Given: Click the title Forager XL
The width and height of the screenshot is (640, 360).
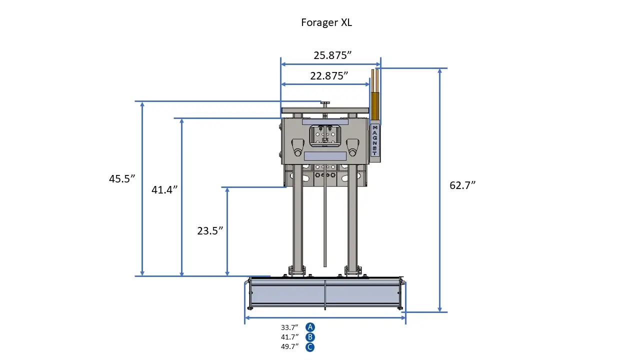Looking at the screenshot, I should [326, 23].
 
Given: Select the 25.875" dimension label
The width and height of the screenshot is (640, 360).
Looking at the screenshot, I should [332, 55].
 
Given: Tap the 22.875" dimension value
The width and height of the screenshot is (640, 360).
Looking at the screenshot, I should [328, 76].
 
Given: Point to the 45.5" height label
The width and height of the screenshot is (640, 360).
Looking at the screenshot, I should [122, 179].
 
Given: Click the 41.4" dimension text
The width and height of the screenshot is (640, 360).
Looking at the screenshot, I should [164, 189].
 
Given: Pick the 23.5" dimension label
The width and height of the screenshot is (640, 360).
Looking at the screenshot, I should [209, 230].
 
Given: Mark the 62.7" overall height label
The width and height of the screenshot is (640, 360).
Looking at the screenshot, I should [462, 185].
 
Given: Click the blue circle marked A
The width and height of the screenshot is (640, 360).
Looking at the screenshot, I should [310, 327].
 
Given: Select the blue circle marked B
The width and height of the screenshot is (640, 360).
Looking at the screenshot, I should [310, 337].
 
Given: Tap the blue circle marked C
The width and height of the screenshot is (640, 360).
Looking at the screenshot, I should [310, 347].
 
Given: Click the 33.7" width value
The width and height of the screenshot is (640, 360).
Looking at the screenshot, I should [289, 327].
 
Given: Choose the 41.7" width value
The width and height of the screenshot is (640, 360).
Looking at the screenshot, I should [289, 337].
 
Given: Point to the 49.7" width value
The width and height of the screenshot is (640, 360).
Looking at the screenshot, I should [289, 347].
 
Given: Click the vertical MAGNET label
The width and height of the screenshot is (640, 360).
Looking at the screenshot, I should [375, 140].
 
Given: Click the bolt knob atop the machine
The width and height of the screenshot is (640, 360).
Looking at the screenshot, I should [325, 103].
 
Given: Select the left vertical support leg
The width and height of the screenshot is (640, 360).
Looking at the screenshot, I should [298, 220].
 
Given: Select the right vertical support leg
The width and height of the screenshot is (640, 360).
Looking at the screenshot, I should [352, 220].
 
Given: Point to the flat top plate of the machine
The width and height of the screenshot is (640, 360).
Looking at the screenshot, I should [325, 110].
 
